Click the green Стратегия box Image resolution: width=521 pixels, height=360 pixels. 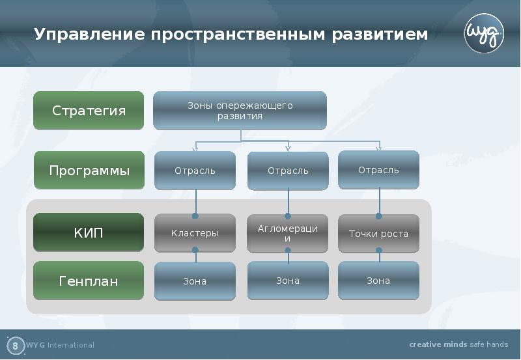(x=89, y=111)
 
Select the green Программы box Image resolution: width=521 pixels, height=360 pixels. (x=89, y=171)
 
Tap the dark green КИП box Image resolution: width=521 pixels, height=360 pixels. (x=89, y=232)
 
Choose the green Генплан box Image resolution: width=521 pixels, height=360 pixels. (x=89, y=281)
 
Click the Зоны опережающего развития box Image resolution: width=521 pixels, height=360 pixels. (x=240, y=111)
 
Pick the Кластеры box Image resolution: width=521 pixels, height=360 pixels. (x=195, y=233)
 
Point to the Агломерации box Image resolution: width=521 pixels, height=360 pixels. (x=288, y=233)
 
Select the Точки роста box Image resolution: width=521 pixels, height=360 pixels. (x=378, y=233)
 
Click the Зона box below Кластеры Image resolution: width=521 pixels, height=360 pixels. (x=195, y=281)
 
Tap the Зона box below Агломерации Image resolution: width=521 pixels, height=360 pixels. (x=288, y=281)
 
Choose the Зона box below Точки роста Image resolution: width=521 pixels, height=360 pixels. (x=378, y=281)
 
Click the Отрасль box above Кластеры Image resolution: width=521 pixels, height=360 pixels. (x=195, y=171)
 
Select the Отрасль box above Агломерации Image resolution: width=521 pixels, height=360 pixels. (x=288, y=171)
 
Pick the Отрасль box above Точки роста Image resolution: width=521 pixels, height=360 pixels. (x=378, y=170)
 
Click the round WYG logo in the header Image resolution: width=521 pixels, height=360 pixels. (x=484, y=35)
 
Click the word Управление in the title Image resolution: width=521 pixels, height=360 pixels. (x=88, y=35)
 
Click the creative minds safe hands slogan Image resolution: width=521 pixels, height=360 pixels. (x=458, y=344)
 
